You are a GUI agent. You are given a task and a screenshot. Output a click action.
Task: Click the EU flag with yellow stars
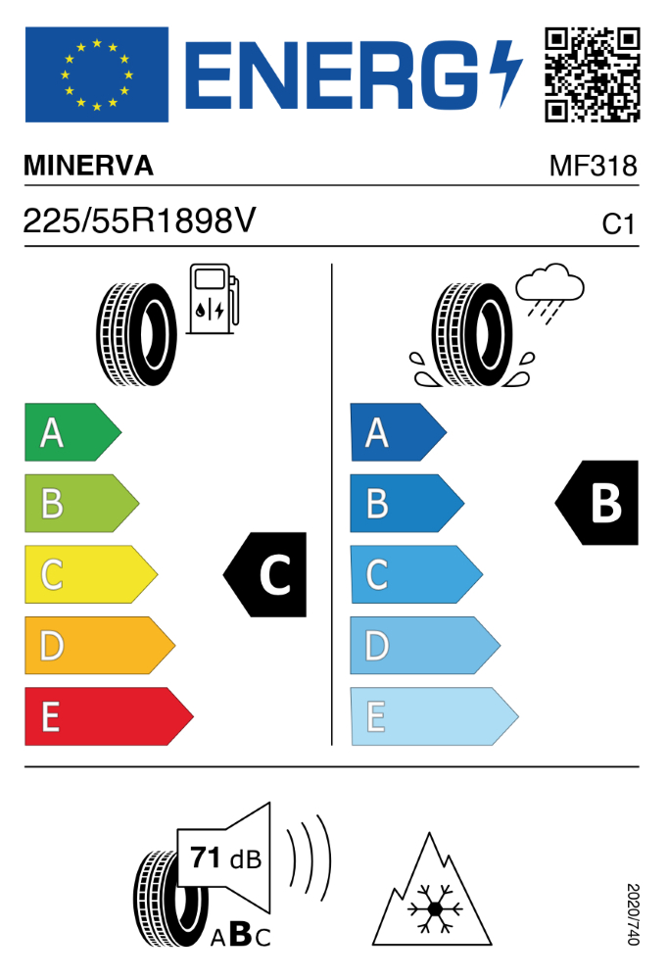(x=97, y=74)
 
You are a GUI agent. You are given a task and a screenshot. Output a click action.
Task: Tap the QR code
(x=593, y=74)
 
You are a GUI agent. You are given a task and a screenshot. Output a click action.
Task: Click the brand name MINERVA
(x=89, y=166)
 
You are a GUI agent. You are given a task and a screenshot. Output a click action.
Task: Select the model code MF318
(x=593, y=167)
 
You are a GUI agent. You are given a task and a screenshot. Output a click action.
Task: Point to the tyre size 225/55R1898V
(x=139, y=220)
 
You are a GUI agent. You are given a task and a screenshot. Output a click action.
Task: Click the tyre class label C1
(x=618, y=224)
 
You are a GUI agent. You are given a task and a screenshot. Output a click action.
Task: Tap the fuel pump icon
(x=214, y=299)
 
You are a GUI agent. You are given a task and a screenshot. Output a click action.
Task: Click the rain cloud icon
(x=549, y=292)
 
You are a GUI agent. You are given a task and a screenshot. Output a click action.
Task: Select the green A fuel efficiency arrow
(x=72, y=432)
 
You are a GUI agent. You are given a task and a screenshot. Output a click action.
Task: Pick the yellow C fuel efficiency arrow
(x=91, y=574)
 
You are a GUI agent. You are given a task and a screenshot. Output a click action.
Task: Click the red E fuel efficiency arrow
(x=109, y=716)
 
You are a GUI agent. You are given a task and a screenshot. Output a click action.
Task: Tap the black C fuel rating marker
(x=265, y=574)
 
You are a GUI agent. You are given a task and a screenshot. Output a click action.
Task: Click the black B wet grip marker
(x=597, y=503)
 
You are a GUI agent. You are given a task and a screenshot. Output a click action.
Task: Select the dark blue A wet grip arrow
(x=398, y=432)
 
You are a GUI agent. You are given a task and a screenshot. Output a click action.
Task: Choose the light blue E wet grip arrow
(x=434, y=716)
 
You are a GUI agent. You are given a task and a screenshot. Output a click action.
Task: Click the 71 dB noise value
(x=226, y=858)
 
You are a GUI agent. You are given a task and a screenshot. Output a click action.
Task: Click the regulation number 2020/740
(x=633, y=913)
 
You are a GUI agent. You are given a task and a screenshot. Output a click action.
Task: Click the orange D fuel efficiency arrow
(x=100, y=646)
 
